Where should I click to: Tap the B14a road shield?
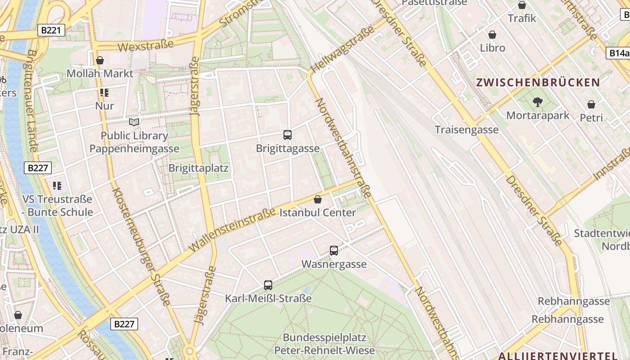tap(618, 53)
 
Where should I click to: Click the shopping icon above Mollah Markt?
tap(100, 60)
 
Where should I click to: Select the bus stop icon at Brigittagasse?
tap(288, 135)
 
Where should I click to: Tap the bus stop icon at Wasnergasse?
tap(334, 251)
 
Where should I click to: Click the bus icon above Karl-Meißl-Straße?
tap(268, 285)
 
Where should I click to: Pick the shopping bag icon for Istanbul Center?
tap(318, 199)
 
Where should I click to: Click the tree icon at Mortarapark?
tap(537, 102)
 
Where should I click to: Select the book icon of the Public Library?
tap(134, 122)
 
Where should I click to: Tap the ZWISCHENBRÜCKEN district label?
tap(538, 83)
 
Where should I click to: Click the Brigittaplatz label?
tap(198, 168)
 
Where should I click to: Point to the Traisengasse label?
tap(467, 130)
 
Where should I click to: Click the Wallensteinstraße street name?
tap(232, 229)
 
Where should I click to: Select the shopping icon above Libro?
tap(492, 35)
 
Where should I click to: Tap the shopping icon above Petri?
tap(591, 105)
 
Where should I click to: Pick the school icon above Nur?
tap(104, 93)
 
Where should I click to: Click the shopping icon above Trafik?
tap(522, 5)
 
